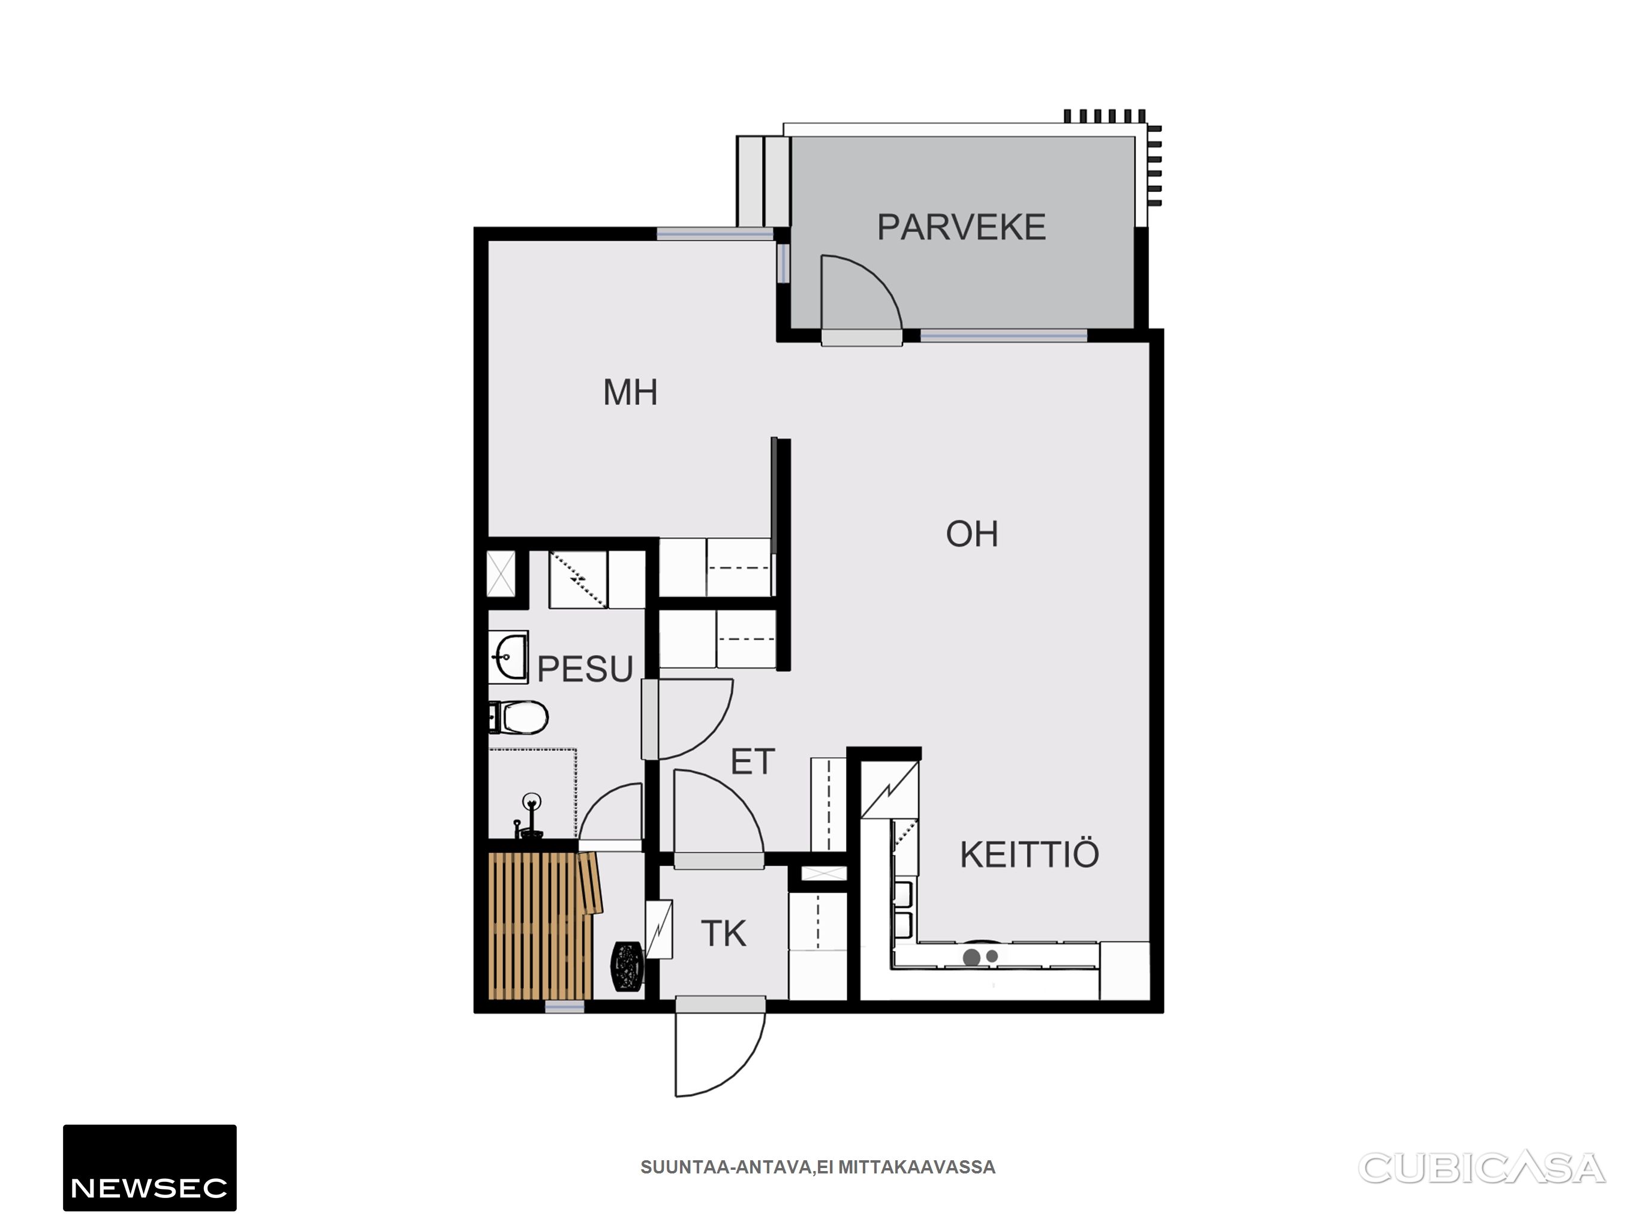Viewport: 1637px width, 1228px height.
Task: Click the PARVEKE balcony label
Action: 961,227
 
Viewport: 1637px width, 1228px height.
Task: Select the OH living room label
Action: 971,534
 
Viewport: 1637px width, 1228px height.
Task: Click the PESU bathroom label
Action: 585,669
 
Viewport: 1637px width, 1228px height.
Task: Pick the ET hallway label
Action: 753,762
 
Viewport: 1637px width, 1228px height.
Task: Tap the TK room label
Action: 724,934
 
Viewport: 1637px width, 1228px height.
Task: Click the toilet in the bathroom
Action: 519,717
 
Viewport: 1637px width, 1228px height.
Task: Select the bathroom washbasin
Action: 508,657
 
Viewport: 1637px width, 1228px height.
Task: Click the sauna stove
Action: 627,965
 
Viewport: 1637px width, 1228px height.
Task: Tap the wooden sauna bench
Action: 544,925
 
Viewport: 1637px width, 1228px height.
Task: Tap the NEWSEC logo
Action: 149,1168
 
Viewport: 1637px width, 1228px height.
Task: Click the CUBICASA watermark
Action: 1482,1169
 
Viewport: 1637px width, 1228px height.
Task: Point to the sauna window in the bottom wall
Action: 565,1007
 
